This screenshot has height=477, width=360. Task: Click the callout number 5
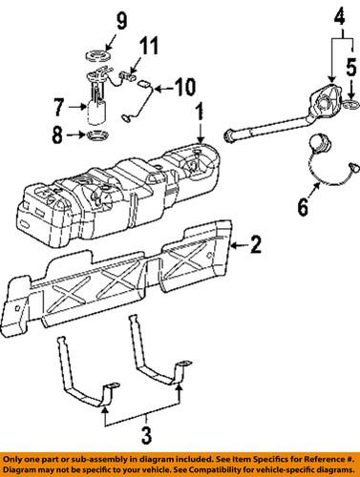pos(350,66)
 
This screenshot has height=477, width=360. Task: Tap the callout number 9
pos(108,19)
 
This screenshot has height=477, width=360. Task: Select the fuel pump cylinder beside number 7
pos(96,112)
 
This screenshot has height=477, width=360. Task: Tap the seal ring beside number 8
pos(96,140)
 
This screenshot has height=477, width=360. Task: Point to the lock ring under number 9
pos(104,54)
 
